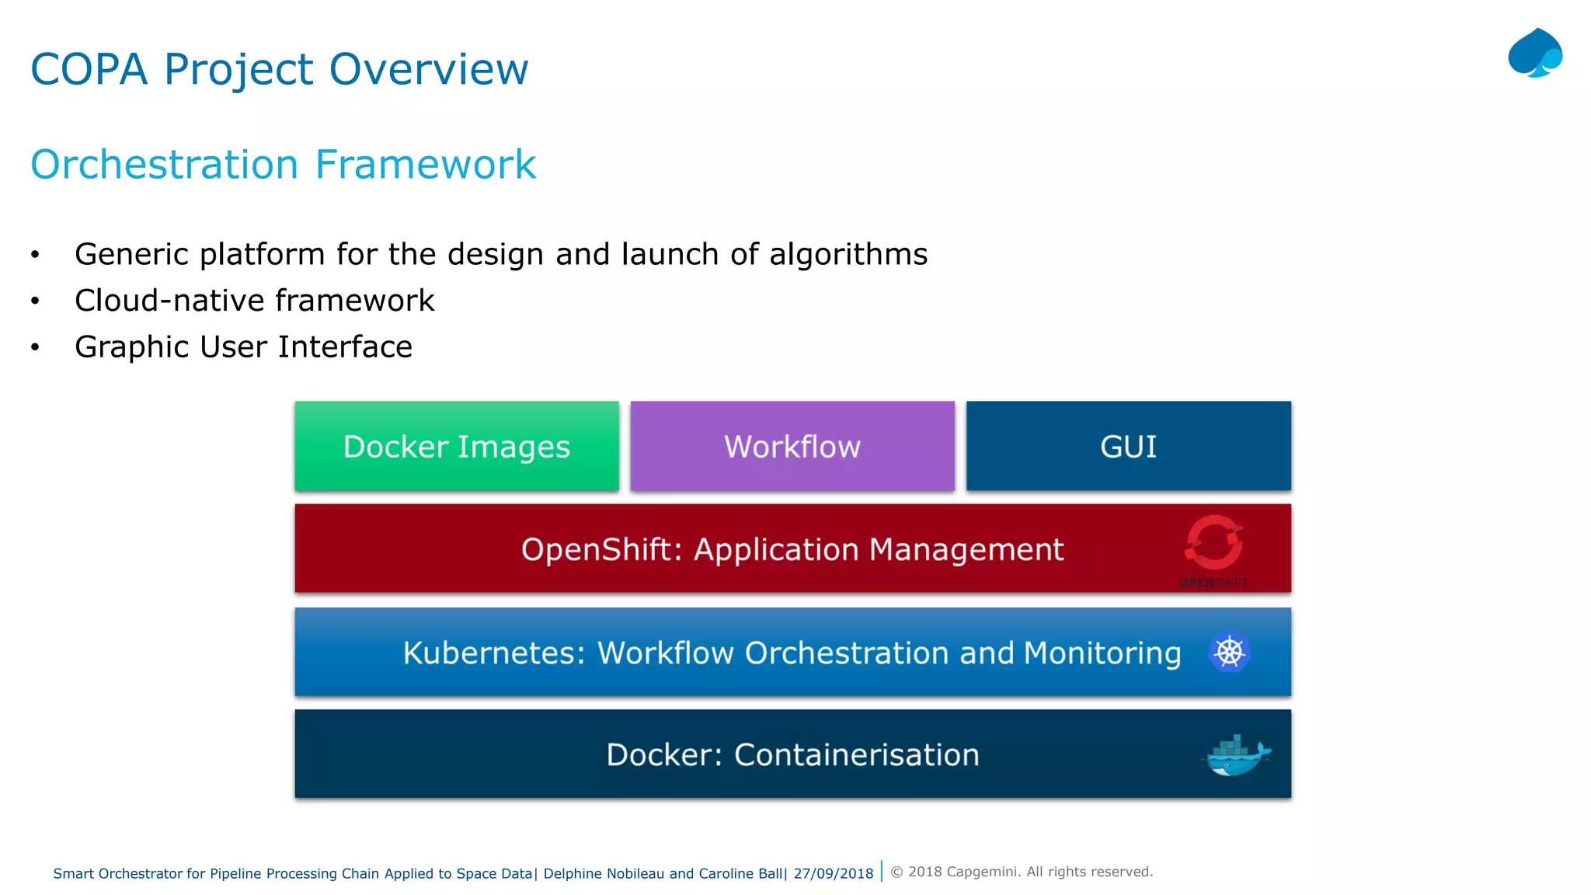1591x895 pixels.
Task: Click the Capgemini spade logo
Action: [1534, 54]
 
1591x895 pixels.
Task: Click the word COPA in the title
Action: [89, 69]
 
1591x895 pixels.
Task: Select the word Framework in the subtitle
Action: [425, 165]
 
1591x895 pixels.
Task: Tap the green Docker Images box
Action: [457, 446]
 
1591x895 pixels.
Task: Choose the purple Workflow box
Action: [792, 446]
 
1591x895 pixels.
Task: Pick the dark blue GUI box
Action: [1128, 446]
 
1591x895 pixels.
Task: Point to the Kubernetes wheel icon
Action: [1229, 652]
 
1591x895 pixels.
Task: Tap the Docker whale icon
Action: [1237, 755]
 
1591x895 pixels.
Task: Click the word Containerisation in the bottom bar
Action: [856, 755]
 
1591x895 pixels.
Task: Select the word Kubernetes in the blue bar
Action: [493, 653]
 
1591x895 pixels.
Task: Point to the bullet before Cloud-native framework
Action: [35, 301]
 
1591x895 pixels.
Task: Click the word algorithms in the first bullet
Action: [848, 254]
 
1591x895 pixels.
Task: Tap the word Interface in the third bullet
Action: [345, 347]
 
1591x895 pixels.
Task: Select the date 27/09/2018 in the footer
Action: [834, 873]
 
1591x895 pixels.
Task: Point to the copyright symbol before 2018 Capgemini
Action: [896, 872]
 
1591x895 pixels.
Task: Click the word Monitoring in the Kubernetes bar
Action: [1102, 653]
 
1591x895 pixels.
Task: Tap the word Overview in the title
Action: [429, 69]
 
